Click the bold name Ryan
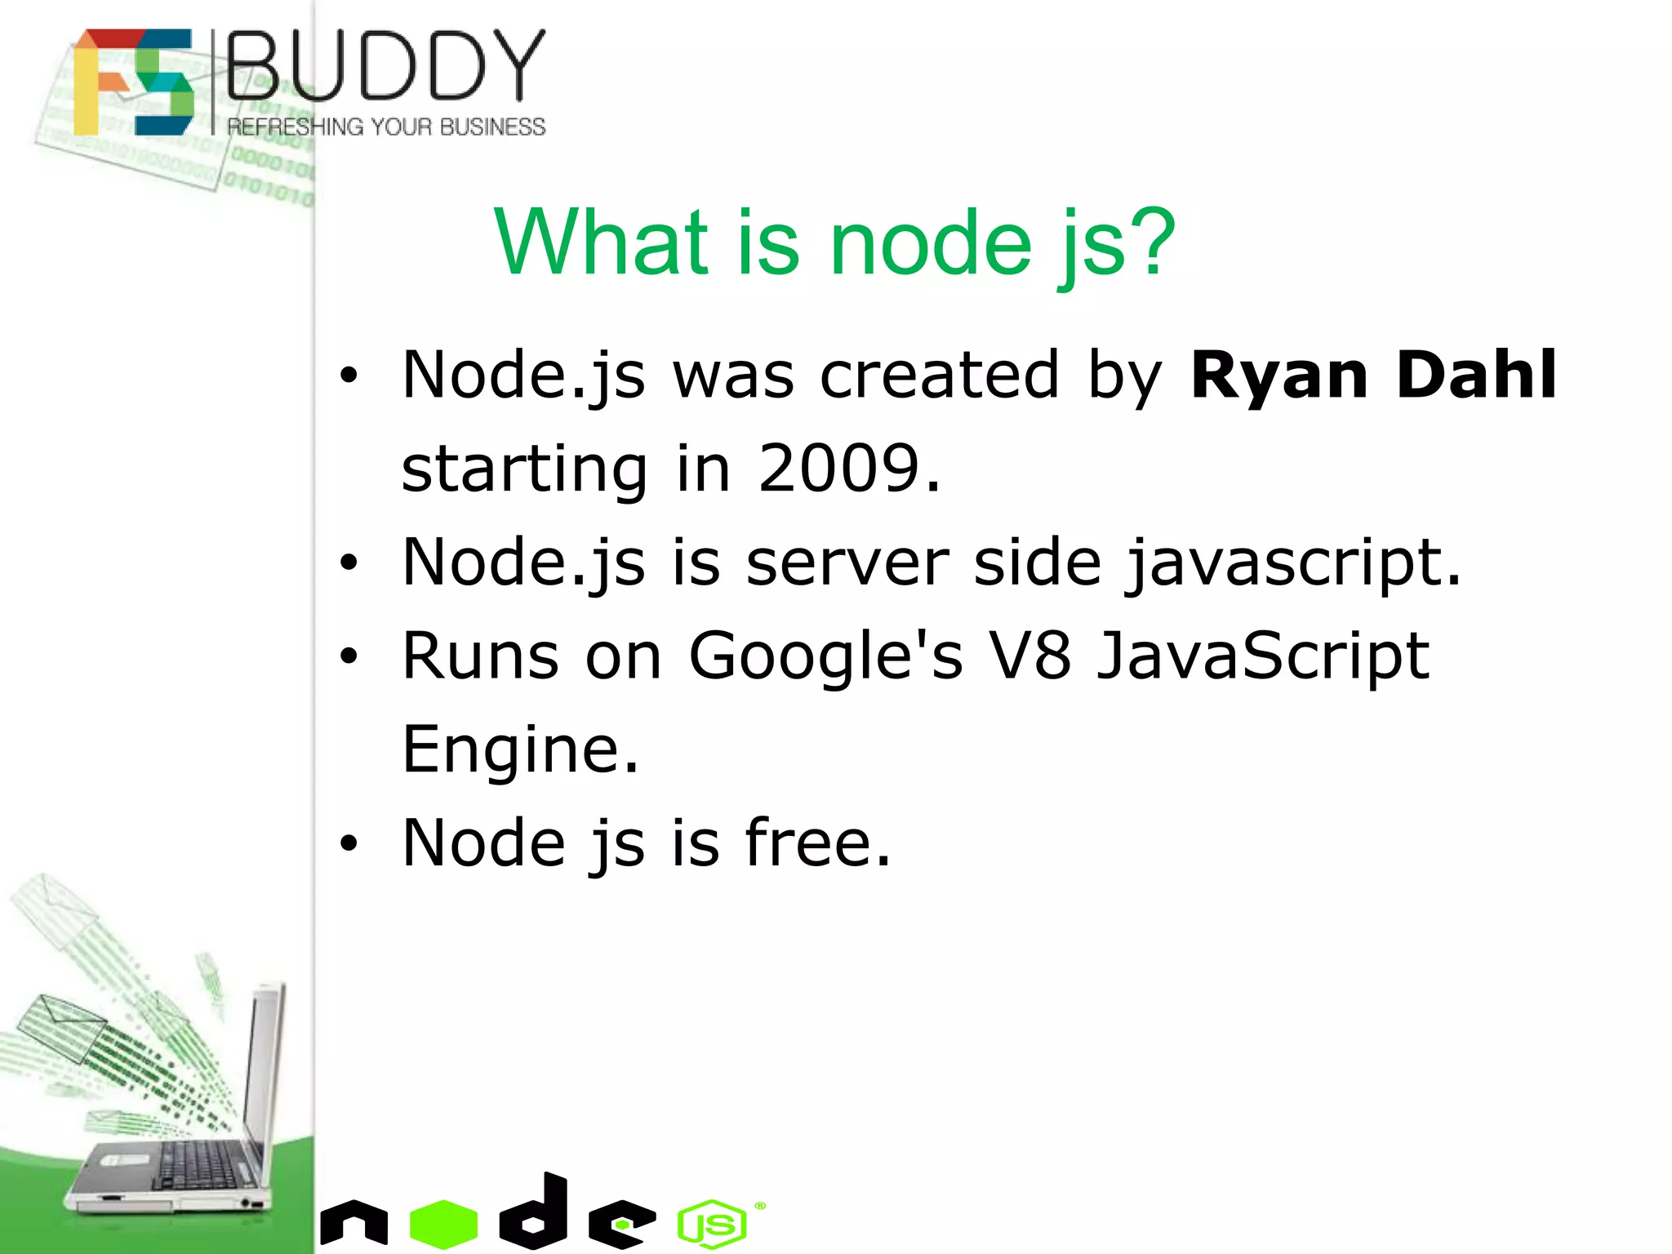pyautogui.click(x=1278, y=376)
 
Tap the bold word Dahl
pyautogui.click(x=1476, y=375)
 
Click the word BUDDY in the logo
pyautogui.click(x=385, y=66)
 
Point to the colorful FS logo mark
pyautogui.click(x=134, y=82)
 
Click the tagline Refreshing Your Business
pyautogui.click(x=386, y=127)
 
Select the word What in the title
pyautogui.click(x=602, y=242)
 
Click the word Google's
pyautogui.click(x=825, y=657)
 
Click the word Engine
pyautogui.click(x=520, y=749)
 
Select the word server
pyautogui.click(x=847, y=563)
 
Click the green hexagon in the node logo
pyautogui.click(x=443, y=1223)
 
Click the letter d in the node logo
pyautogui.click(x=536, y=1212)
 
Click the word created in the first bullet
pyautogui.click(x=939, y=376)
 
